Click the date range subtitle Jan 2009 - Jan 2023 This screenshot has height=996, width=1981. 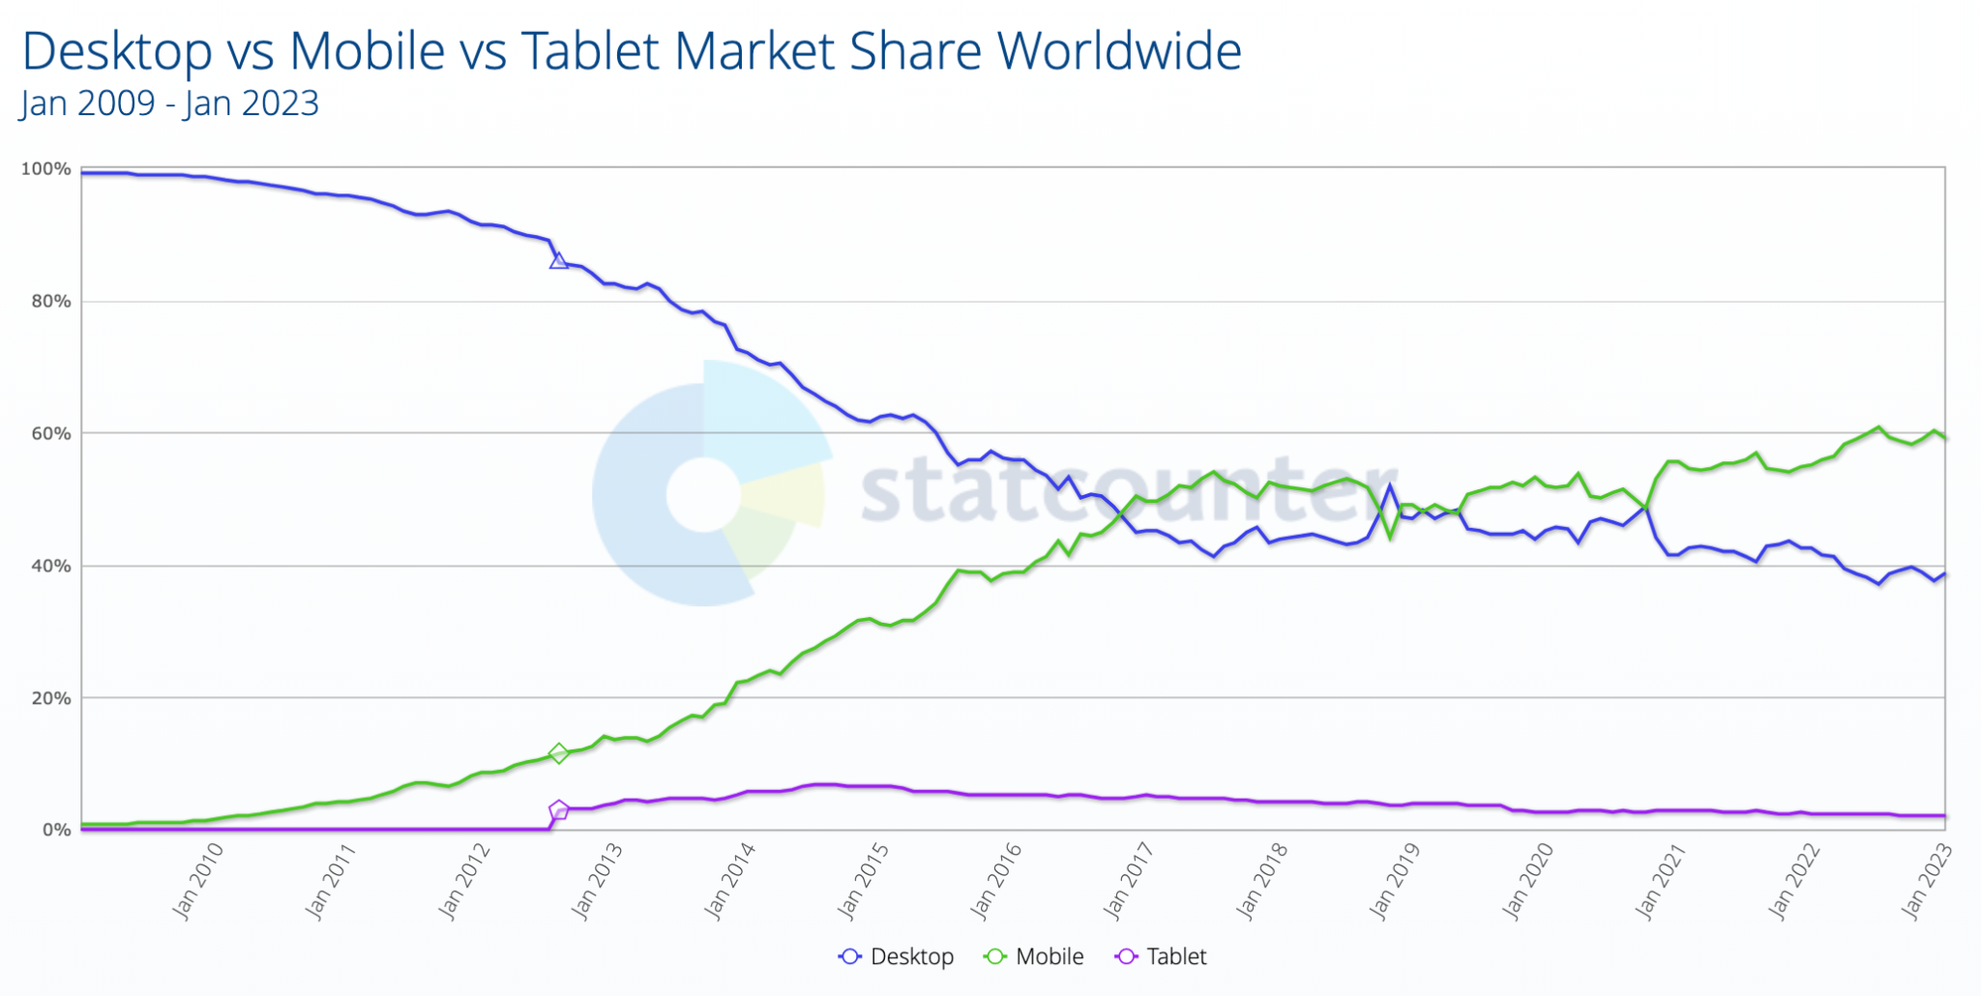click(x=169, y=103)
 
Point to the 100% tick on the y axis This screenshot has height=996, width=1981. click(x=46, y=169)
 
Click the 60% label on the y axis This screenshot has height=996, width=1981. click(x=50, y=433)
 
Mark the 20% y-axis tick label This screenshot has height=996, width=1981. click(x=50, y=698)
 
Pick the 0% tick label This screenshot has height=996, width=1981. click(x=56, y=830)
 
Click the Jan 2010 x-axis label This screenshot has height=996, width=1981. click(x=197, y=881)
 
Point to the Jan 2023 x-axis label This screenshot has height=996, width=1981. click(x=1926, y=881)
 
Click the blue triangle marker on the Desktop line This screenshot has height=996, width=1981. click(x=558, y=261)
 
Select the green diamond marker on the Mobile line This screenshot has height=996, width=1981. click(x=558, y=753)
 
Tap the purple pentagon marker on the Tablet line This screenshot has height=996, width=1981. click(x=558, y=810)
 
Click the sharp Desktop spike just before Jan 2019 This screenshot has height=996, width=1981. click(x=1390, y=486)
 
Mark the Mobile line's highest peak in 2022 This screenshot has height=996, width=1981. click(x=1878, y=427)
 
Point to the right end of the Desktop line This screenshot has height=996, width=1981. click(x=1944, y=573)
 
